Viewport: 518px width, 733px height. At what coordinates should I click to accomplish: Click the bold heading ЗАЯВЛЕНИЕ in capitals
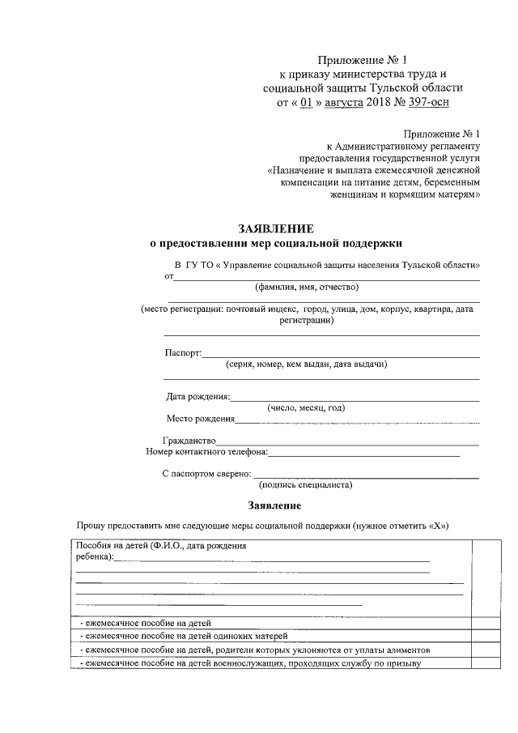275,229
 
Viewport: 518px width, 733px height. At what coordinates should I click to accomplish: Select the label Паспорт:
182,352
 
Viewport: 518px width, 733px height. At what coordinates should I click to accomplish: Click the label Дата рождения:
197,397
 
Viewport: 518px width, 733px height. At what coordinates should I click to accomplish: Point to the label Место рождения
200,419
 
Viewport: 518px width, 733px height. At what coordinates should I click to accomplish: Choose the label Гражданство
189,441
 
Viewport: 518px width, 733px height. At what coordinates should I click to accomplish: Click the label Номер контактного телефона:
206,452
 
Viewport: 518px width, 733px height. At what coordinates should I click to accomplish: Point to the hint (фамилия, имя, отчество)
305,287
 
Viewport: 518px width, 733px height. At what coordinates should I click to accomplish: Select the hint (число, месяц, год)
306,408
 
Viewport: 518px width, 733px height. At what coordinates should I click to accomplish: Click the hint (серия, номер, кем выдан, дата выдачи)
306,364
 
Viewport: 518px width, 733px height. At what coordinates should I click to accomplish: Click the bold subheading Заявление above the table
274,505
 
